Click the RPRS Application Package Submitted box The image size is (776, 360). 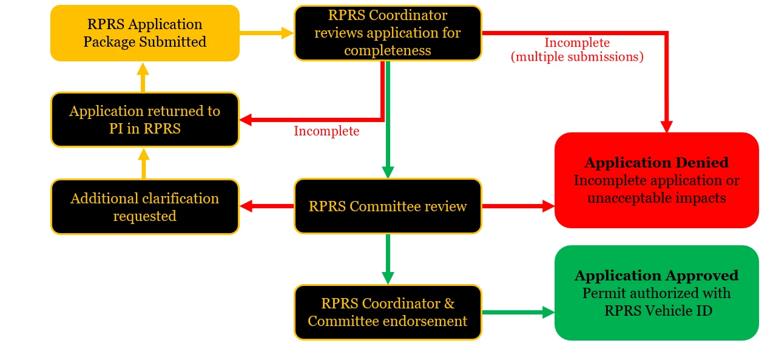click(144, 33)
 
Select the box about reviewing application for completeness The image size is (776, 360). click(388, 33)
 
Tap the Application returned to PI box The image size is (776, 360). click(144, 120)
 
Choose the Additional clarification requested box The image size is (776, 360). click(144, 207)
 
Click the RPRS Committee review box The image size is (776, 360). click(388, 206)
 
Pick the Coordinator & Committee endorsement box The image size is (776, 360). click(388, 312)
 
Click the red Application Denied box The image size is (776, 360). click(656, 180)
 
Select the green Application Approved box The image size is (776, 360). click(656, 293)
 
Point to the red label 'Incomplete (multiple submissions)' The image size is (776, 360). click(576, 50)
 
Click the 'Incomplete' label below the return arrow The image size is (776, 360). click(326, 131)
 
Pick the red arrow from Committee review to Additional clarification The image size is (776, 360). click(267, 206)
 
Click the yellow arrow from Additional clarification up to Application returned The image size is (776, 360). click(144, 164)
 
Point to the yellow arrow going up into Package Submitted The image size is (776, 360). click(143, 77)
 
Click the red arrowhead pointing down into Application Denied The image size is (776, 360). click(666, 126)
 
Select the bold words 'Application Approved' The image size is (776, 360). click(656, 276)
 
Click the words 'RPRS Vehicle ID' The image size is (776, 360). click(656, 311)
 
